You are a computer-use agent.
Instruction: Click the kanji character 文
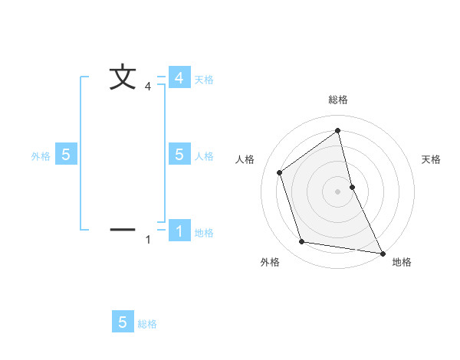(123, 77)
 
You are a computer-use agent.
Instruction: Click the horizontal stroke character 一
(123, 229)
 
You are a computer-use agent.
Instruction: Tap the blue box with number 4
(179, 78)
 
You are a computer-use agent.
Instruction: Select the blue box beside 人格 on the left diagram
(179, 155)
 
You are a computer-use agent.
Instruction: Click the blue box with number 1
(179, 231)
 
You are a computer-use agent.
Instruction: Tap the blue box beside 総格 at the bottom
(123, 322)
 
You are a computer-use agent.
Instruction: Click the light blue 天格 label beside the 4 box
(204, 80)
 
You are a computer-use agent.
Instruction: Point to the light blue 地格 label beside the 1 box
(204, 233)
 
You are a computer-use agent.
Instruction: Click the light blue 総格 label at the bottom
(147, 324)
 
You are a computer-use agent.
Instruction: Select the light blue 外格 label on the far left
(41, 156)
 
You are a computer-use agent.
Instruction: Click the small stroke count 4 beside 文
(148, 87)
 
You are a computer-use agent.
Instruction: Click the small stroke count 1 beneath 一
(148, 241)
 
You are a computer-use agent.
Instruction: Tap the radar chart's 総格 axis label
(338, 100)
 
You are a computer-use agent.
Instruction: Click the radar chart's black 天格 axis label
(431, 159)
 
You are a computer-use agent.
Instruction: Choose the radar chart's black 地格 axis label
(402, 263)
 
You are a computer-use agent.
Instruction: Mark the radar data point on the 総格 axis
(338, 130)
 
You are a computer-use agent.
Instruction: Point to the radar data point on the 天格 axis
(352, 186)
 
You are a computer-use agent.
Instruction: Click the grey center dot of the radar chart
(338, 191)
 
